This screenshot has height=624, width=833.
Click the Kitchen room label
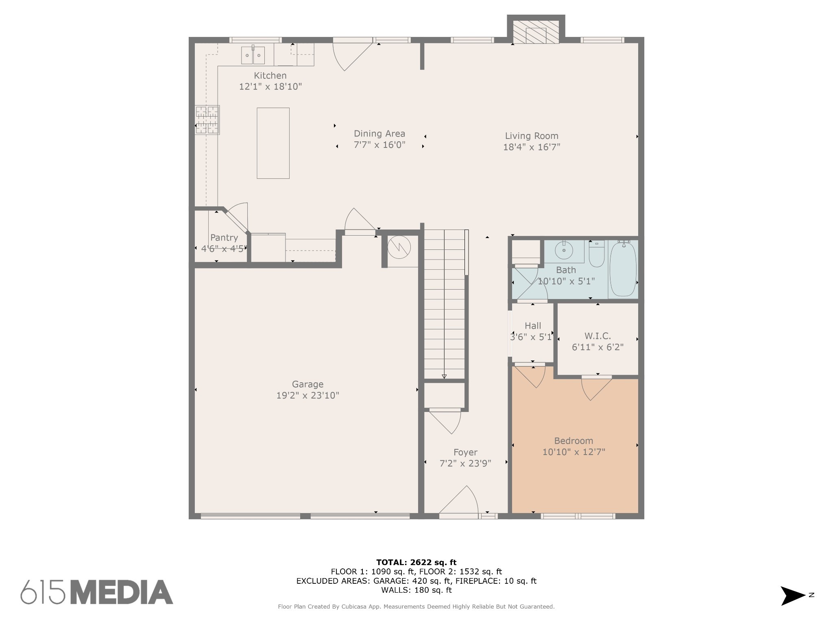pyautogui.click(x=270, y=76)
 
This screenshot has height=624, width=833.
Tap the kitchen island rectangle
pyautogui.click(x=273, y=143)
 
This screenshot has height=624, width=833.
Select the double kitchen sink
pyautogui.click(x=253, y=55)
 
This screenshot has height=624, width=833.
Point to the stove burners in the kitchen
pyautogui.click(x=207, y=120)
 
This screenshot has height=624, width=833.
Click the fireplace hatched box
pyautogui.click(x=536, y=32)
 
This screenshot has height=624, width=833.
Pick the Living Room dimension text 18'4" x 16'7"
pyautogui.click(x=532, y=147)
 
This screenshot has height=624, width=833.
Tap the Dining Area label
pyautogui.click(x=379, y=134)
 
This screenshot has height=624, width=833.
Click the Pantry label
pyautogui.click(x=224, y=238)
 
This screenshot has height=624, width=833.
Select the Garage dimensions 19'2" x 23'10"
pyautogui.click(x=308, y=395)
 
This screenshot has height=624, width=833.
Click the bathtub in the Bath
pyautogui.click(x=623, y=268)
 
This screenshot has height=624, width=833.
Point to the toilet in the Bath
pyautogui.click(x=597, y=253)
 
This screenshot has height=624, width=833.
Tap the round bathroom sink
pyautogui.click(x=564, y=250)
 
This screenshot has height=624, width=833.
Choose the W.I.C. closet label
pyautogui.click(x=597, y=336)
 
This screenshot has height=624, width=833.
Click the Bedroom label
pyautogui.click(x=574, y=441)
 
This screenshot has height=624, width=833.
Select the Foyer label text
pyautogui.click(x=465, y=452)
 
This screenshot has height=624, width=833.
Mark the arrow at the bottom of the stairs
pyautogui.click(x=444, y=377)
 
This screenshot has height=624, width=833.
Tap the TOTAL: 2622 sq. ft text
pyautogui.click(x=416, y=562)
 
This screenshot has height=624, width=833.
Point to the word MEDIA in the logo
pyautogui.click(x=122, y=592)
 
